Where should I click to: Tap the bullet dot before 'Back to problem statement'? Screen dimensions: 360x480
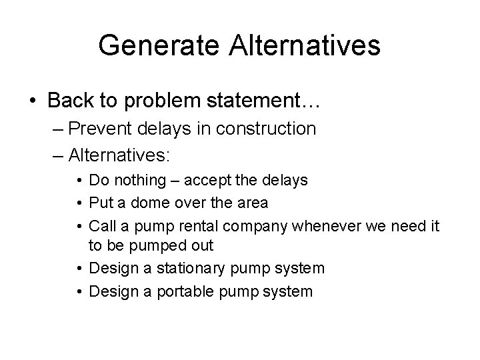coord(33,101)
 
